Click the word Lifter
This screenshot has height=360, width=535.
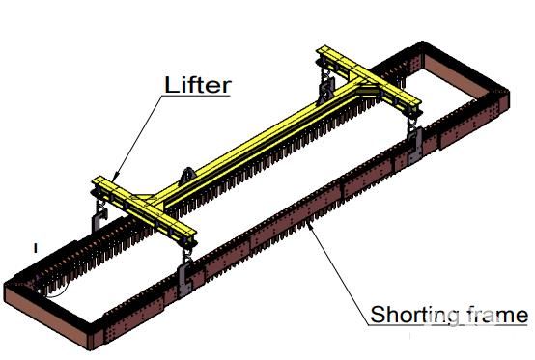[198, 85]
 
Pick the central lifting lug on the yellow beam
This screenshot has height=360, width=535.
[187, 177]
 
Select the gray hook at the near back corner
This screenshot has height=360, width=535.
[99, 219]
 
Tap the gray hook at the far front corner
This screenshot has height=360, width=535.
[415, 144]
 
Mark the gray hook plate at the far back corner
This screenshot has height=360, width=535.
[326, 90]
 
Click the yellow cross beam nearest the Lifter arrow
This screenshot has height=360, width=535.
[144, 210]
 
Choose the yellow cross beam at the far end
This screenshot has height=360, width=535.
[369, 80]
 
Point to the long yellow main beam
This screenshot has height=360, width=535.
[260, 143]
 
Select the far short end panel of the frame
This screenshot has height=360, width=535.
[461, 75]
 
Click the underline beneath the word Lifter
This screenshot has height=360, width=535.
[197, 96]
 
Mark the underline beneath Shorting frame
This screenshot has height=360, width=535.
[448, 325]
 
